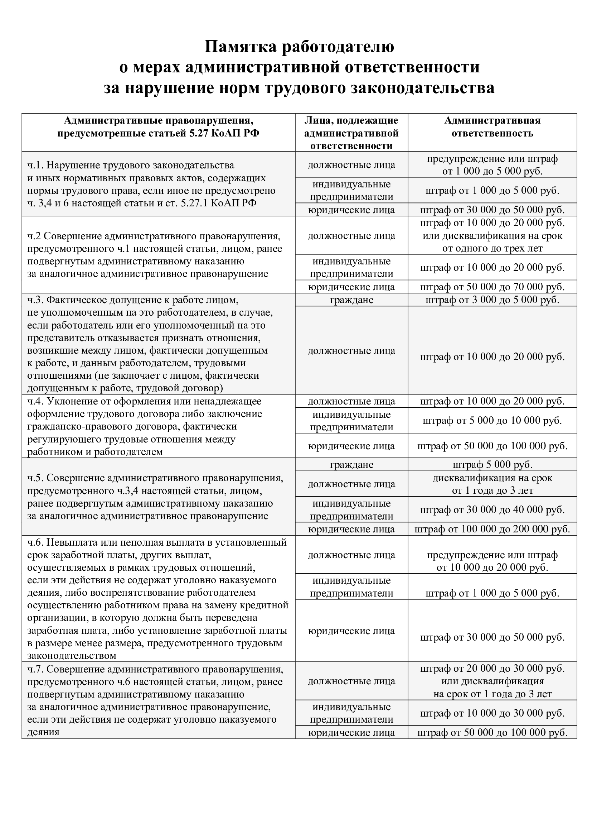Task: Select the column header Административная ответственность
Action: (492, 126)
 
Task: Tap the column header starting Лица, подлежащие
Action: (351, 133)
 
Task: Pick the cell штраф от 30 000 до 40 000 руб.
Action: (492, 509)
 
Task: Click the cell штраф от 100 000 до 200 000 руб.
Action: (492, 529)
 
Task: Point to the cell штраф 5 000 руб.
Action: (492, 465)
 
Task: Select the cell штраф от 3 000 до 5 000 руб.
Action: (492, 300)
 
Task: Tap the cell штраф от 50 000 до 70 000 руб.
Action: (492, 287)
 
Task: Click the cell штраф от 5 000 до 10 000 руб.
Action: (492, 421)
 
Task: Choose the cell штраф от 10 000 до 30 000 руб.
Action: (492, 713)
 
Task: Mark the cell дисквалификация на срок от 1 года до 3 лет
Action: (492, 484)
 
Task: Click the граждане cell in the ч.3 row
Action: (351, 300)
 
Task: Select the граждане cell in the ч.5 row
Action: (351, 465)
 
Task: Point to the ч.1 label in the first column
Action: (35, 165)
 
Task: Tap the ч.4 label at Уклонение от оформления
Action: (35, 402)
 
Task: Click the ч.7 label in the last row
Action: (35, 669)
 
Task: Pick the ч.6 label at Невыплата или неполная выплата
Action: (35, 542)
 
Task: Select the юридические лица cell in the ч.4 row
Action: (351, 446)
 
